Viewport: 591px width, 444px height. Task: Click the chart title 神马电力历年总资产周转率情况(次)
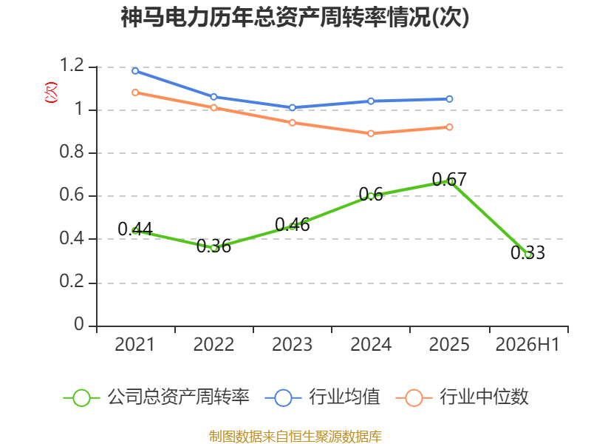click(x=295, y=17)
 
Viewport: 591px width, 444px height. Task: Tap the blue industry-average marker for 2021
click(x=135, y=71)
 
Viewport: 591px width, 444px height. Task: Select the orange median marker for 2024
click(x=371, y=134)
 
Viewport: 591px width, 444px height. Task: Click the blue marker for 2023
click(x=292, y=107)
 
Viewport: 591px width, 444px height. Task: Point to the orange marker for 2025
click(x=449, y=127)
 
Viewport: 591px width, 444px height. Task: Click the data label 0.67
click(x=449, y=179)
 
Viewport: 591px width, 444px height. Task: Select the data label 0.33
click(x=527, y=252)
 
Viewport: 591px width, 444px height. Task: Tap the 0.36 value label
click(x=213, y=246)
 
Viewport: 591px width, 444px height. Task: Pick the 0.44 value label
click(x=135, y=229)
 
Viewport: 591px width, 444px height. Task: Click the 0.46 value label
click(x=292, y=225)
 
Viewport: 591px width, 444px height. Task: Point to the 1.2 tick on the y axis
click(x=72, y=65)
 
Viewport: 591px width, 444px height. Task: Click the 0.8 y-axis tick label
click(x=72, y=152)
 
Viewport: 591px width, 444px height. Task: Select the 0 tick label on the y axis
click(x=79, y=324)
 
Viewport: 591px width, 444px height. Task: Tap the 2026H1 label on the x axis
click(x=527, y=345)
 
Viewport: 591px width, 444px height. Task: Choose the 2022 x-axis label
click(x=213, y=345)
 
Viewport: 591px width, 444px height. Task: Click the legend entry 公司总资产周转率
click(x=156, y=397)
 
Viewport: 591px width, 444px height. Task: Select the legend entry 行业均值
click(x=322, y=397)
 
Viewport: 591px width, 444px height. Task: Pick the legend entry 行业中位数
click(x=462, y=397)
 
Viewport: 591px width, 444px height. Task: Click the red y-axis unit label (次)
click(x=51, y=92)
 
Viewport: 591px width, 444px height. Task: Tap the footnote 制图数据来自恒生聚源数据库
click(x=295, y=437)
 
